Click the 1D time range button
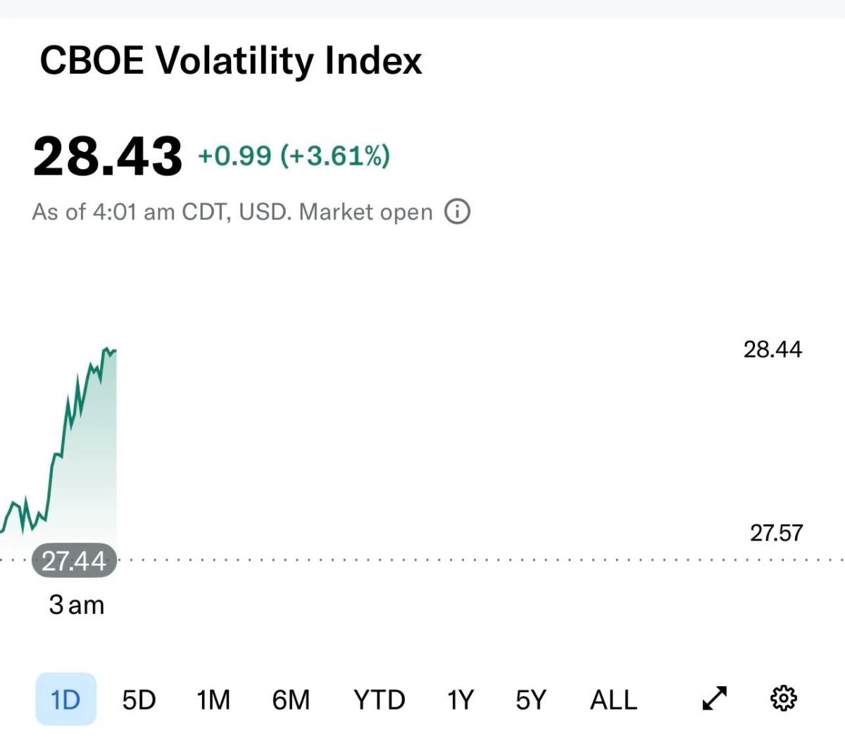point(65,699)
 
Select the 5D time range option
point(139,700)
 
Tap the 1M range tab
point(213,700)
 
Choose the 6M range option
point(291,700)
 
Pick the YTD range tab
point(379,700)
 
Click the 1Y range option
point(461,700)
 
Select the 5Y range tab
point(531,700)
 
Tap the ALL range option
point(613,700)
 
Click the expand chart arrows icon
point(715,698)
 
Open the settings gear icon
point(784,698)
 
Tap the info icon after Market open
point(457,211)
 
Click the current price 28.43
point(107,156)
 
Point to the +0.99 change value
point(234,156)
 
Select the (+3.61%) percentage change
point(335,156)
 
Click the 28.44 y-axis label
point(772,349)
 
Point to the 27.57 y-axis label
point(776,533)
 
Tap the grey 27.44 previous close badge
point(74,561)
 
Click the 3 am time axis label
point(77,605)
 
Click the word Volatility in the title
point(234,61)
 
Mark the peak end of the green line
point(113,351)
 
